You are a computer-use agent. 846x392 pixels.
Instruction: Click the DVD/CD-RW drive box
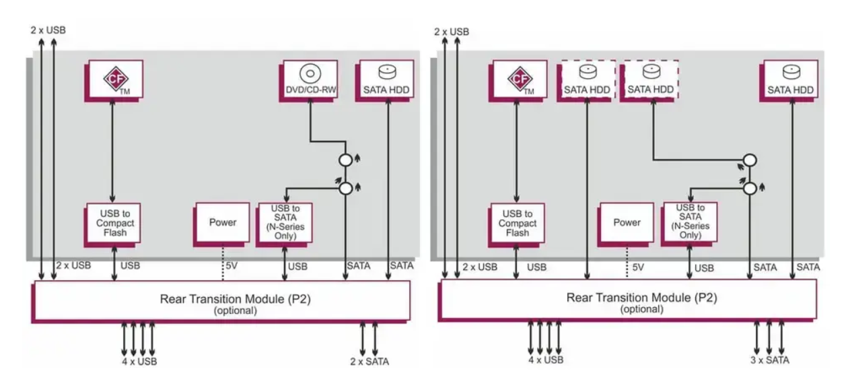pyautogui.click(x=309, y=80)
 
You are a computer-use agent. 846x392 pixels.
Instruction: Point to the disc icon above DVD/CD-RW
pyautogui.click(x=310, y=73)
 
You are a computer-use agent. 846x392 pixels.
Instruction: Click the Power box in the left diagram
pyautogui.click(x=222, y=223)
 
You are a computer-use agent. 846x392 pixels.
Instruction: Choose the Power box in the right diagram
pyautogui.click(x=627, y=223)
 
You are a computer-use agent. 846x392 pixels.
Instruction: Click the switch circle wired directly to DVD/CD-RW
pyautogui.click(x=345, y=161)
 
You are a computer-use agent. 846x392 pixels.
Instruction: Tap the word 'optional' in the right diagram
pyautogui.click(x=639, y=310)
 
